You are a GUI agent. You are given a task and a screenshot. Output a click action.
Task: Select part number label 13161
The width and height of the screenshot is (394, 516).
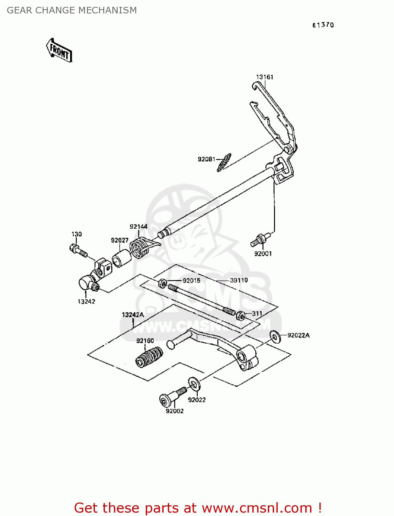click(264, 77)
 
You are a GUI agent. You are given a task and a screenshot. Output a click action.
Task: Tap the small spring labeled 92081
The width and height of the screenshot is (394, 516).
click(224, 162)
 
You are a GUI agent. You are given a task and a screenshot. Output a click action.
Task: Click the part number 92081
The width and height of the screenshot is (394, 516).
click(206, 159)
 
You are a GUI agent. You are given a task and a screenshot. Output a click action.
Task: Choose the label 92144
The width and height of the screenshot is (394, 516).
click(139, 226)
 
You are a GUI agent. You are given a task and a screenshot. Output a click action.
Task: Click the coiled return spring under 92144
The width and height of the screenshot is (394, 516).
click(141, 248)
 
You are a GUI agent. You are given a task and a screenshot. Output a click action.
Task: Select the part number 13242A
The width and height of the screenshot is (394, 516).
click(133, 315)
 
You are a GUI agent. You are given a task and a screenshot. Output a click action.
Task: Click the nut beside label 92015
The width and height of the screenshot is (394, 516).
click(163, 283)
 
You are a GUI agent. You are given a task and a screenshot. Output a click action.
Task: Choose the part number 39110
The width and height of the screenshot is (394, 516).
click(239, 280)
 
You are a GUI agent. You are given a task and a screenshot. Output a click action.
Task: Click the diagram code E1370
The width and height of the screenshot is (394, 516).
click(323, 25)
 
